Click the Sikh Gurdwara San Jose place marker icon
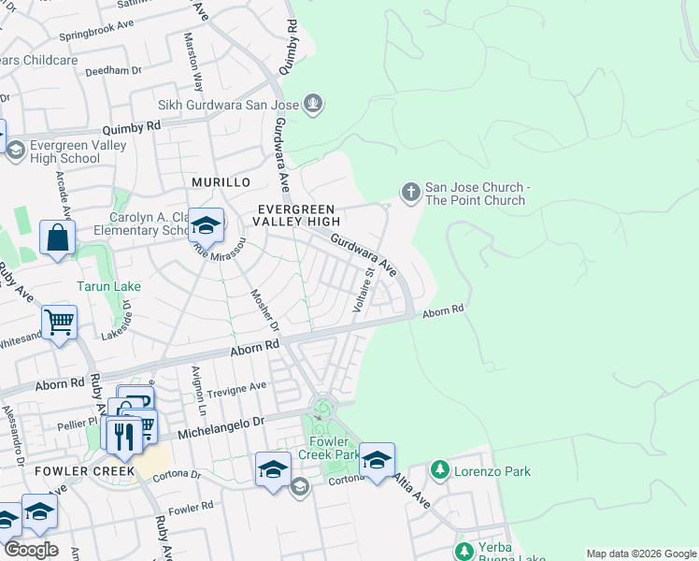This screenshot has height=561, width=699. [x=313, y=104]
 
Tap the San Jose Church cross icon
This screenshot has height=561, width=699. [x=409, y=193]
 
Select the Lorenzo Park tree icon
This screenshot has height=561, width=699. [x=439, y=468]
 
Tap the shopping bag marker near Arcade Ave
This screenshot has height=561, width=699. [x=57, y=238]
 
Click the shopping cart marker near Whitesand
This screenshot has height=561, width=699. [x=60, y=324]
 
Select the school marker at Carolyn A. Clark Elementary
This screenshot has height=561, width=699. [x=206, y=226]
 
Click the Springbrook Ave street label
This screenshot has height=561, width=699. [x=97, y=38]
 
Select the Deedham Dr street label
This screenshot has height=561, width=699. [x=112, y=70]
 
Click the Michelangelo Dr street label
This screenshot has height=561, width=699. [x=221, y=424]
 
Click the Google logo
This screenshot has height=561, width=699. [x=31, y=550]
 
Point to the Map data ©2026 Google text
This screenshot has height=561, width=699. [x=640, y=553]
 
